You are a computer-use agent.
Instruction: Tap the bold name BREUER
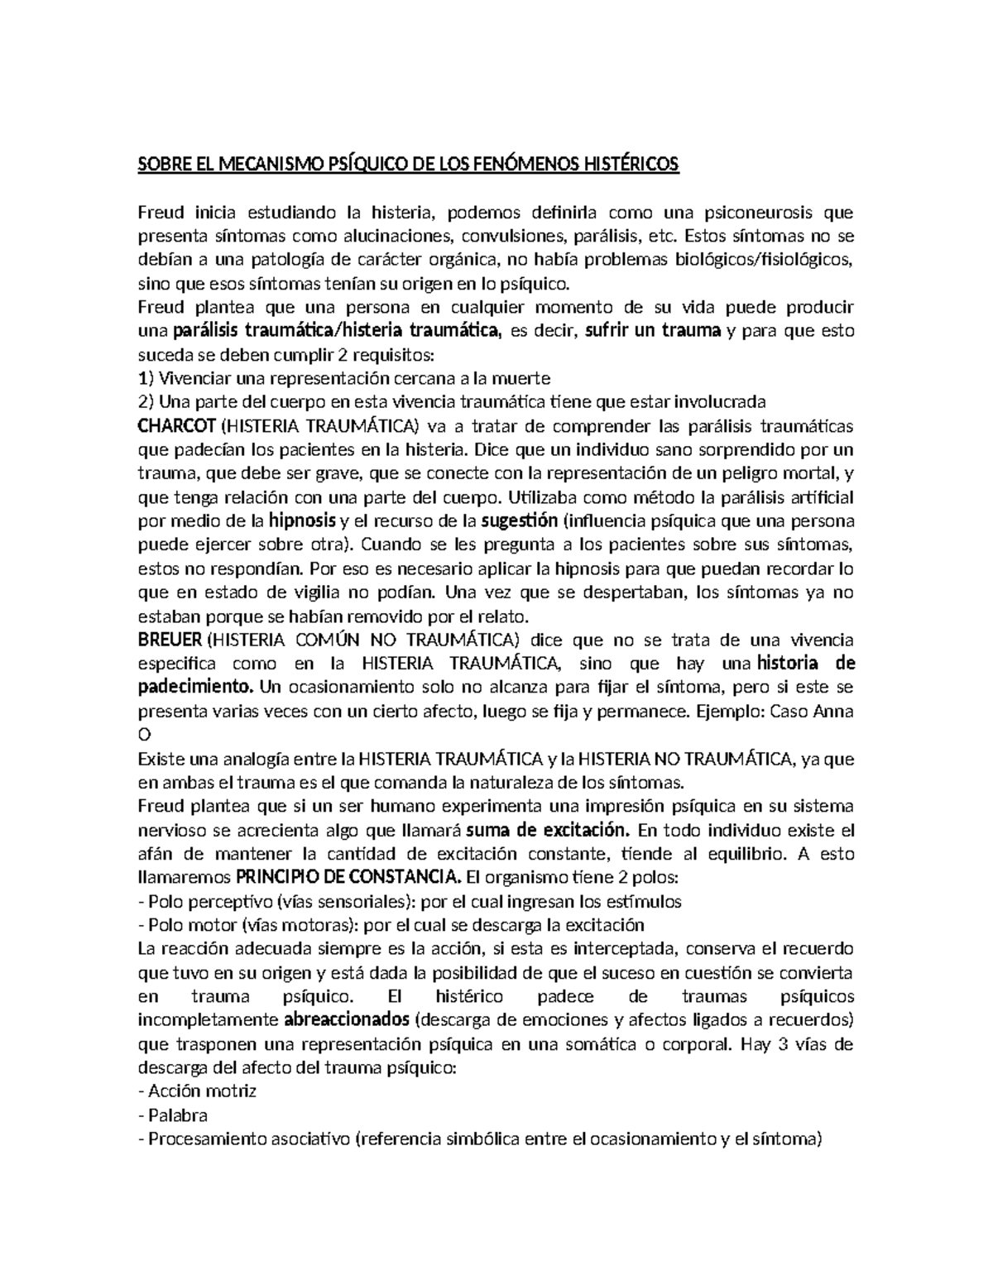(x=170, y=640)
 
